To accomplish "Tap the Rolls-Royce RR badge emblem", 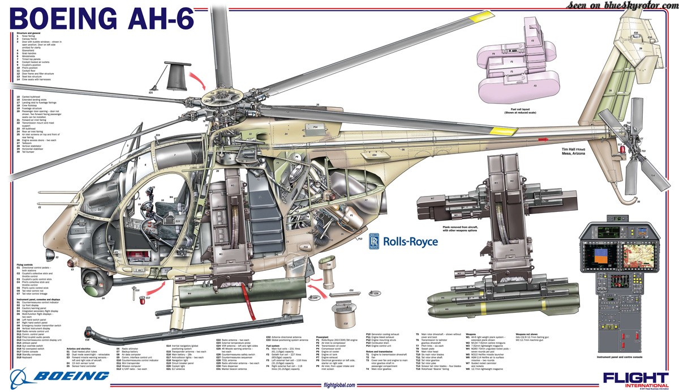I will (x=375, y=241).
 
